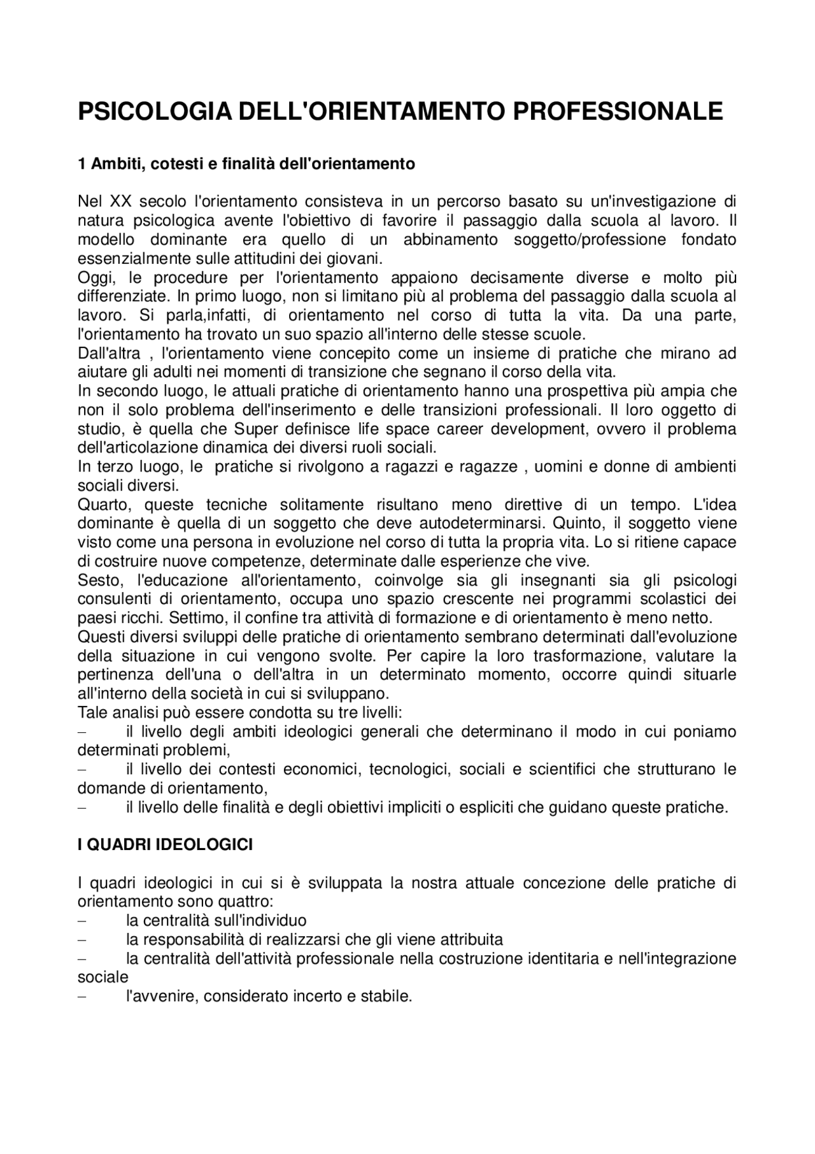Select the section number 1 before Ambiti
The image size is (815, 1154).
click(81, 164)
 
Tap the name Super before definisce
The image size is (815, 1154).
click(252, 429)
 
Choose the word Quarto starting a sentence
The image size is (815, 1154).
click(103, 505)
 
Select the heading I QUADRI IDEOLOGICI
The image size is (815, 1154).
click(165, 845)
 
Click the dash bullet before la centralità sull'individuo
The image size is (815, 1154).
click(82, 921)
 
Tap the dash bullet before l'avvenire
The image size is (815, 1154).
click(82, 997)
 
